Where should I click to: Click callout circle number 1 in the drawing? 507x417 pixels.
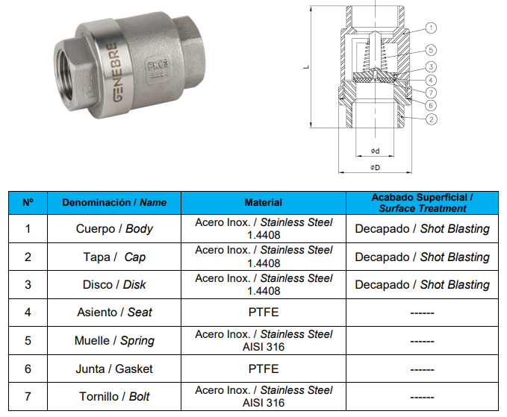tap(430, 28)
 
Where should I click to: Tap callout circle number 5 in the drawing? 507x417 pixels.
tap(430, 50)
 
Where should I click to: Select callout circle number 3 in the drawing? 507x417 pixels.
tap(431, 67)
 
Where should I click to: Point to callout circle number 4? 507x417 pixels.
tap(431, 80)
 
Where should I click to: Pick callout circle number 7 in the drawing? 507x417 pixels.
tap(431, 93)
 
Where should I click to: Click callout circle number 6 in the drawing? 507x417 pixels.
tap(430, 105)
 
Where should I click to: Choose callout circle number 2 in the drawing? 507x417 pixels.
tap(431, 119)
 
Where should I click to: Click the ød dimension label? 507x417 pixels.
tap(375, 151)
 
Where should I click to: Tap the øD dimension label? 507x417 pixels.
tap(375, 167)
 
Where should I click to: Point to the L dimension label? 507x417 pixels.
tap(306, 67)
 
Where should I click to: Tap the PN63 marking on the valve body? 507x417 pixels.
tap(158, 65)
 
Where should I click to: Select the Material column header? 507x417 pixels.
tap(263, 202)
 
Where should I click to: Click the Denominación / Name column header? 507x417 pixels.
tap(114, 202)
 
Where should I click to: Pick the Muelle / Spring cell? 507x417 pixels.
tap(114, 340)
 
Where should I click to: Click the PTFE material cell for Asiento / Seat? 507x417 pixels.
tap(263, 313)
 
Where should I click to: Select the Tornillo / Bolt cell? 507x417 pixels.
tap(114, 396)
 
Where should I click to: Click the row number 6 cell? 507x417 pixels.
tap(28, 369)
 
